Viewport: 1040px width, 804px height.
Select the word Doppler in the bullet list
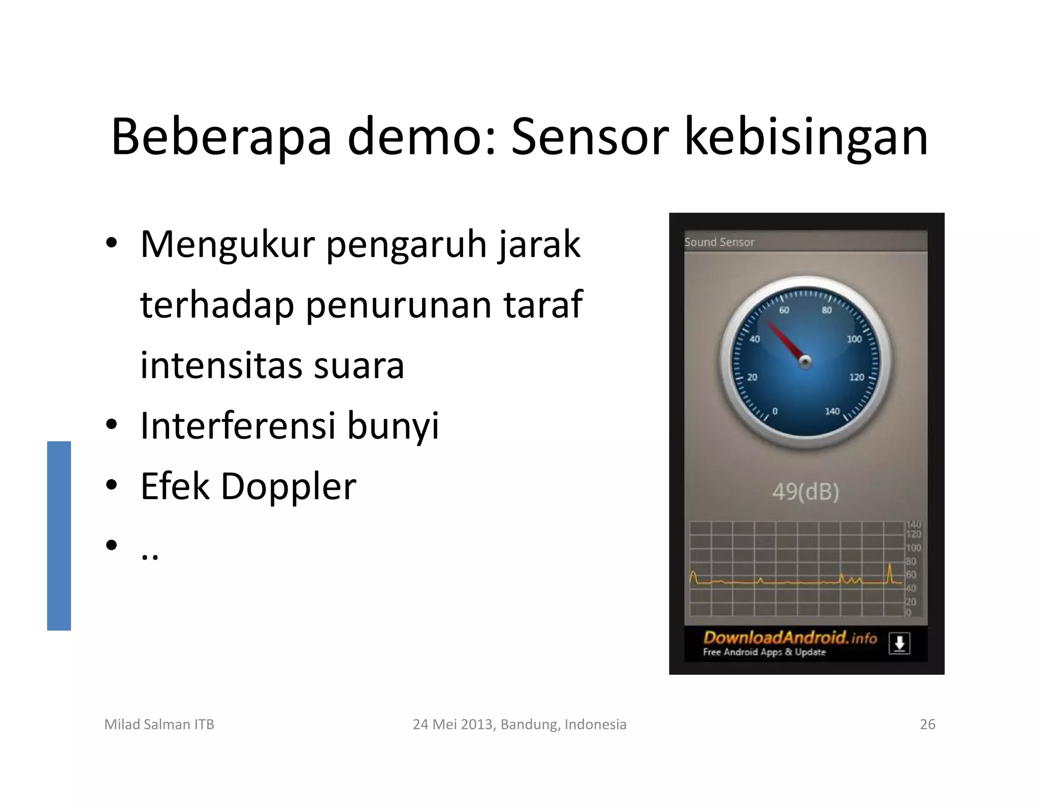coord(288,487)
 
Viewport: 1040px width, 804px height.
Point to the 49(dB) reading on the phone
coord(805,491)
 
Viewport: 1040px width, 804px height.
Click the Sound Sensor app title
coord(719,242)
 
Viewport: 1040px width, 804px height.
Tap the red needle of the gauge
coord(784,340)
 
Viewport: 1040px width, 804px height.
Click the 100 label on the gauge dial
coord(854,339)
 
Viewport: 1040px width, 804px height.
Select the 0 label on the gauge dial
coord(774,411)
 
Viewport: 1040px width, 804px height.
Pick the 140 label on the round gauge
coord(832,411)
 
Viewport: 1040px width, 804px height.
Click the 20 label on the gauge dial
coord(753,377)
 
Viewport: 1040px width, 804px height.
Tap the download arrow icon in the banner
coord(899,643)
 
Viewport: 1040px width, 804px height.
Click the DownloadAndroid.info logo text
coord(790,638)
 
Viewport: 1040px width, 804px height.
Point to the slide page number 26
coord(927,724)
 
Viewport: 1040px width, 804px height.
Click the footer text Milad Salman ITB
coord(159,724)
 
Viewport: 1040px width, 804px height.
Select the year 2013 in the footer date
coord(477,724)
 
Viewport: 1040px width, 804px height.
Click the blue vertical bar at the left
coord(59,536)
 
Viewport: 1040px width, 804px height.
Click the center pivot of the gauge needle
coord(805,361)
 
